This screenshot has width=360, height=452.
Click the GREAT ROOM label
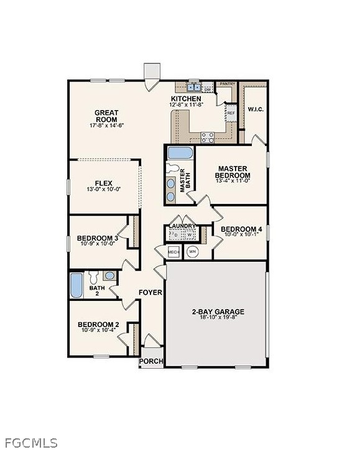[106, 116]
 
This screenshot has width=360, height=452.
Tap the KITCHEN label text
[186, 99]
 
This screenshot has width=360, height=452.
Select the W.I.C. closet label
[256, 110]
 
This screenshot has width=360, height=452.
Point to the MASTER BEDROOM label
[233, 172]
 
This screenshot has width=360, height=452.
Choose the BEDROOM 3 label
[98, 238]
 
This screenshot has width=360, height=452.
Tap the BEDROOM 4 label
[242, 229]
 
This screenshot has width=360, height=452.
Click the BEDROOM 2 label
[98, 324]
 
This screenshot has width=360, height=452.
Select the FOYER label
[150, 292]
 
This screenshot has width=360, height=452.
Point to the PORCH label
[151, 361]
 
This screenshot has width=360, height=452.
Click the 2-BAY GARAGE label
[217, 311]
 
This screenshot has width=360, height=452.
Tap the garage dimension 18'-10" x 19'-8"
[217, 318]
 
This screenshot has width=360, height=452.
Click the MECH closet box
[173, 252]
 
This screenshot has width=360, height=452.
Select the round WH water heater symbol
[192, 252]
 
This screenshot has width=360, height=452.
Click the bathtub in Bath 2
[76, 285]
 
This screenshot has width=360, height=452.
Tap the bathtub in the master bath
[180, 153]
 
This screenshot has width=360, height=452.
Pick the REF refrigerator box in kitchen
[231, 113]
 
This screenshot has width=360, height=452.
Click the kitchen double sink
[194, 88]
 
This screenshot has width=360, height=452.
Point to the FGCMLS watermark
[29, 443]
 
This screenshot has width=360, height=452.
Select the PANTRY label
[227, 83]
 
